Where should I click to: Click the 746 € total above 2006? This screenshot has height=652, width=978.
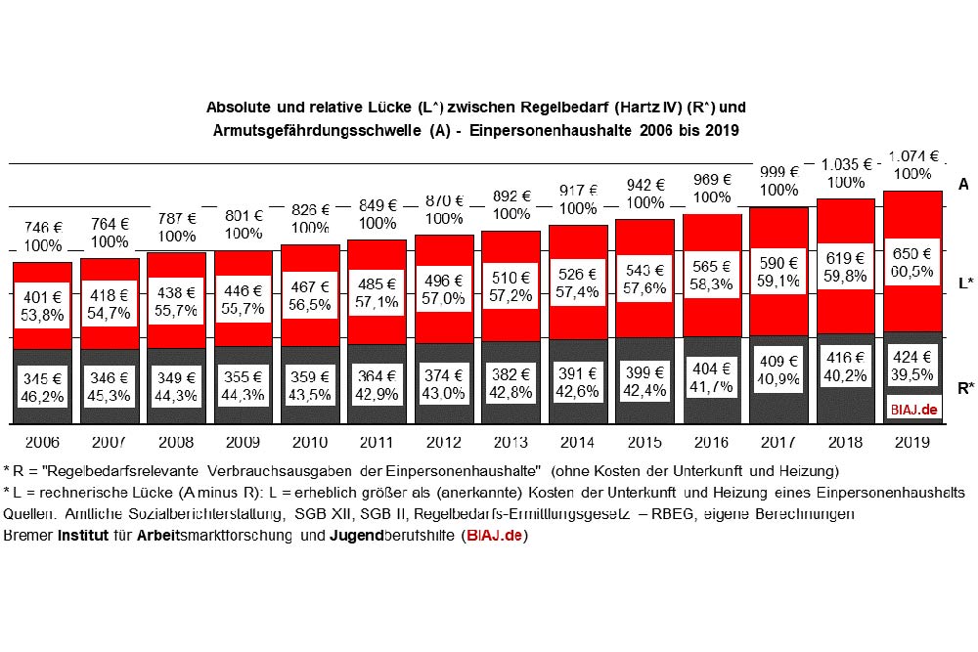point(42,226)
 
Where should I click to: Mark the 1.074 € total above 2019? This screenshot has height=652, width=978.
point(912,155)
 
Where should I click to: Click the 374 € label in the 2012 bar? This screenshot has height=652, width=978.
point(444,375)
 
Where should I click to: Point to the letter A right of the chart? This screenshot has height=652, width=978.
point(963,184)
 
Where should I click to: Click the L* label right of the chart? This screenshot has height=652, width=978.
point(964,283)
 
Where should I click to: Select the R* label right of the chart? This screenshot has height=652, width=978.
point(964,388)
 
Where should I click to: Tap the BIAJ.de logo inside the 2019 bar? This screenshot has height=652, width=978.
point(912,409)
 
